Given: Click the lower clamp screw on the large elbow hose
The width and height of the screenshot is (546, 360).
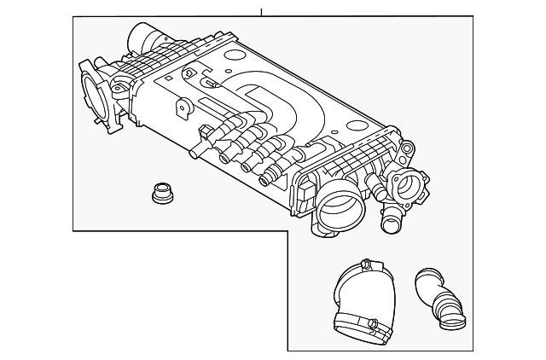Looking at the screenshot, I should [x=373, y=323].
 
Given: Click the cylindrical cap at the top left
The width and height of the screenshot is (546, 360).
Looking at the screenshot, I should [x=143, y=39].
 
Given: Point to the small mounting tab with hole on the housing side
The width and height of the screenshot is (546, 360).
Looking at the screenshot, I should [x=181, y=110].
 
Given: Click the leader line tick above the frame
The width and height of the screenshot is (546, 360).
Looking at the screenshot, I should [x=263, y=12].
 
